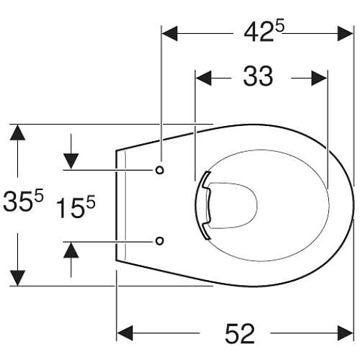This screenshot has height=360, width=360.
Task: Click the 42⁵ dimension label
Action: [x=264, y=32]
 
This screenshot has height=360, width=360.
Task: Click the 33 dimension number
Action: [x=258, y=76]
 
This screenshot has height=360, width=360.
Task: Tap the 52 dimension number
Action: [x=240, y=333]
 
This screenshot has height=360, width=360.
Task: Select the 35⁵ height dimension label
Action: [x=23, y=200]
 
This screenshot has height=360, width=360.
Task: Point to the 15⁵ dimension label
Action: [x=76, y=207]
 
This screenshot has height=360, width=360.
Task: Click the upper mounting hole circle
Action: [x=160, y=170]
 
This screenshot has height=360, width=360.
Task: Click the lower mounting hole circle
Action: [x=160, y=240]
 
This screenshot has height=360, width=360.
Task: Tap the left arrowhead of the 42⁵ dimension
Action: [x=170, y=33]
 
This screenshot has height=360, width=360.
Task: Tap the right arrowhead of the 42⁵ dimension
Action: [x=346, y=33]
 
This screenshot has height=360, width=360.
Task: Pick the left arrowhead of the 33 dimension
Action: [x=204, y=78]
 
